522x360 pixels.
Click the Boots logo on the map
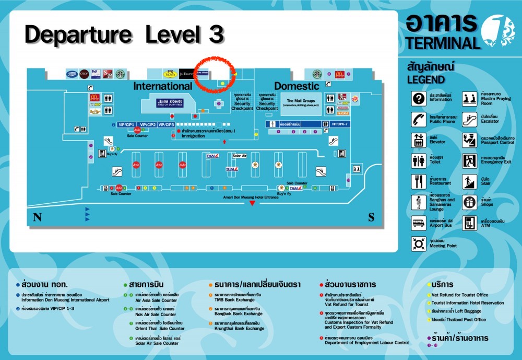coord(72,74)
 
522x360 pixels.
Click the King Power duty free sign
coord(170,103)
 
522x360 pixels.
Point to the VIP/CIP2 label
coord(148,125)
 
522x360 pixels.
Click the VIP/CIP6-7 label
coord(339,124)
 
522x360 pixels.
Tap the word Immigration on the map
coord(193,136)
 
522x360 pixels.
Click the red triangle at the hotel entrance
coord(252,203)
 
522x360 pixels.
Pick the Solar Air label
coord(240,156)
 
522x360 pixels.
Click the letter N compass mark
coord(37,217)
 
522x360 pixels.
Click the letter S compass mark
coord(371,217)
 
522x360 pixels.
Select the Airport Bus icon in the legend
coord(419,223)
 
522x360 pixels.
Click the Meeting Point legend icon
coord(419,243)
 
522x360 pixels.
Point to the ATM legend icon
coord(470,223)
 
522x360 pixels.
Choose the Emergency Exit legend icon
coord(470,160)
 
